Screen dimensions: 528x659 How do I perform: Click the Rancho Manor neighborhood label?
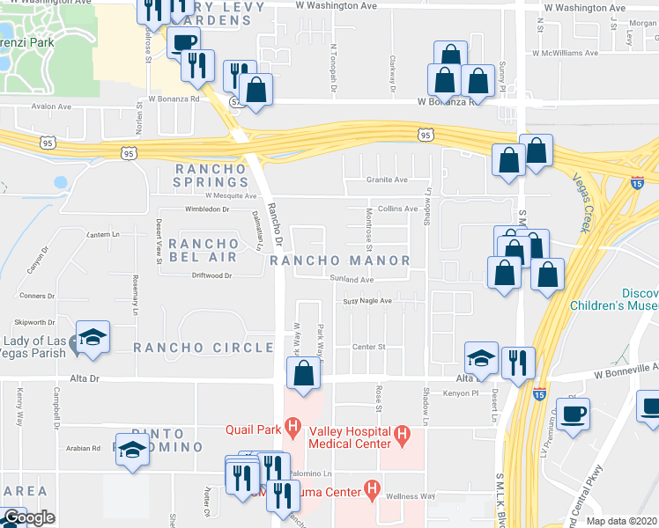340,260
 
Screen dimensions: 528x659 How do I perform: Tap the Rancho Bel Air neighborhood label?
203,250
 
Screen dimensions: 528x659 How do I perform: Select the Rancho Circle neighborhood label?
204,348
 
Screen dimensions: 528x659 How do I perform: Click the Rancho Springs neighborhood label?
207,176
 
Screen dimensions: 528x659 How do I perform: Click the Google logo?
28,517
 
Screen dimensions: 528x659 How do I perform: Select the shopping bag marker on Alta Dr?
303,372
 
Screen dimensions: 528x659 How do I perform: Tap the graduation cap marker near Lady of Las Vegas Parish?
93,337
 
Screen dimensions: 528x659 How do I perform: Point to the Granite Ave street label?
387,180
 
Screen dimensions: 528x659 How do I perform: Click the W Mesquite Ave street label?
230,196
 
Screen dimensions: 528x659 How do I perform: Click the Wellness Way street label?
414,496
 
